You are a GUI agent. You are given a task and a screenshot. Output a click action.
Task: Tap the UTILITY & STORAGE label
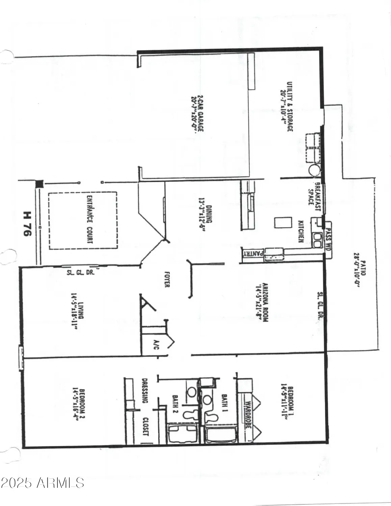point(286,106)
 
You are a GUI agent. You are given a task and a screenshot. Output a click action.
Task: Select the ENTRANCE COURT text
point(90,219)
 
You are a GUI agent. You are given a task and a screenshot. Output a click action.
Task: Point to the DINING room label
point(206,214)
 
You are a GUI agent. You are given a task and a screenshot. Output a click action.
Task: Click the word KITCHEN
point(300,231)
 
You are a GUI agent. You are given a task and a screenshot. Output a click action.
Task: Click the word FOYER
point(166,279)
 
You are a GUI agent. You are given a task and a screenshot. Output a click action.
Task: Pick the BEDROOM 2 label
point(79,405)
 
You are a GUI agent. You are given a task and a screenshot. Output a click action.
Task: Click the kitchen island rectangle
point(283,223)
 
